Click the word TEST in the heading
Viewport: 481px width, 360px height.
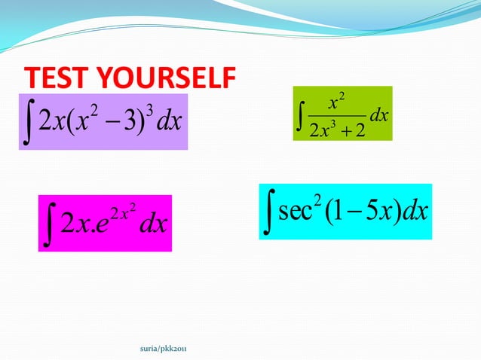click(54, 78)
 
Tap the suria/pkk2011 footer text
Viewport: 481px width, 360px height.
click(164, 348)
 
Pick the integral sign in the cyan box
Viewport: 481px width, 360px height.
click(268, 212)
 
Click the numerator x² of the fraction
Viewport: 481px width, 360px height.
click(336, 100)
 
